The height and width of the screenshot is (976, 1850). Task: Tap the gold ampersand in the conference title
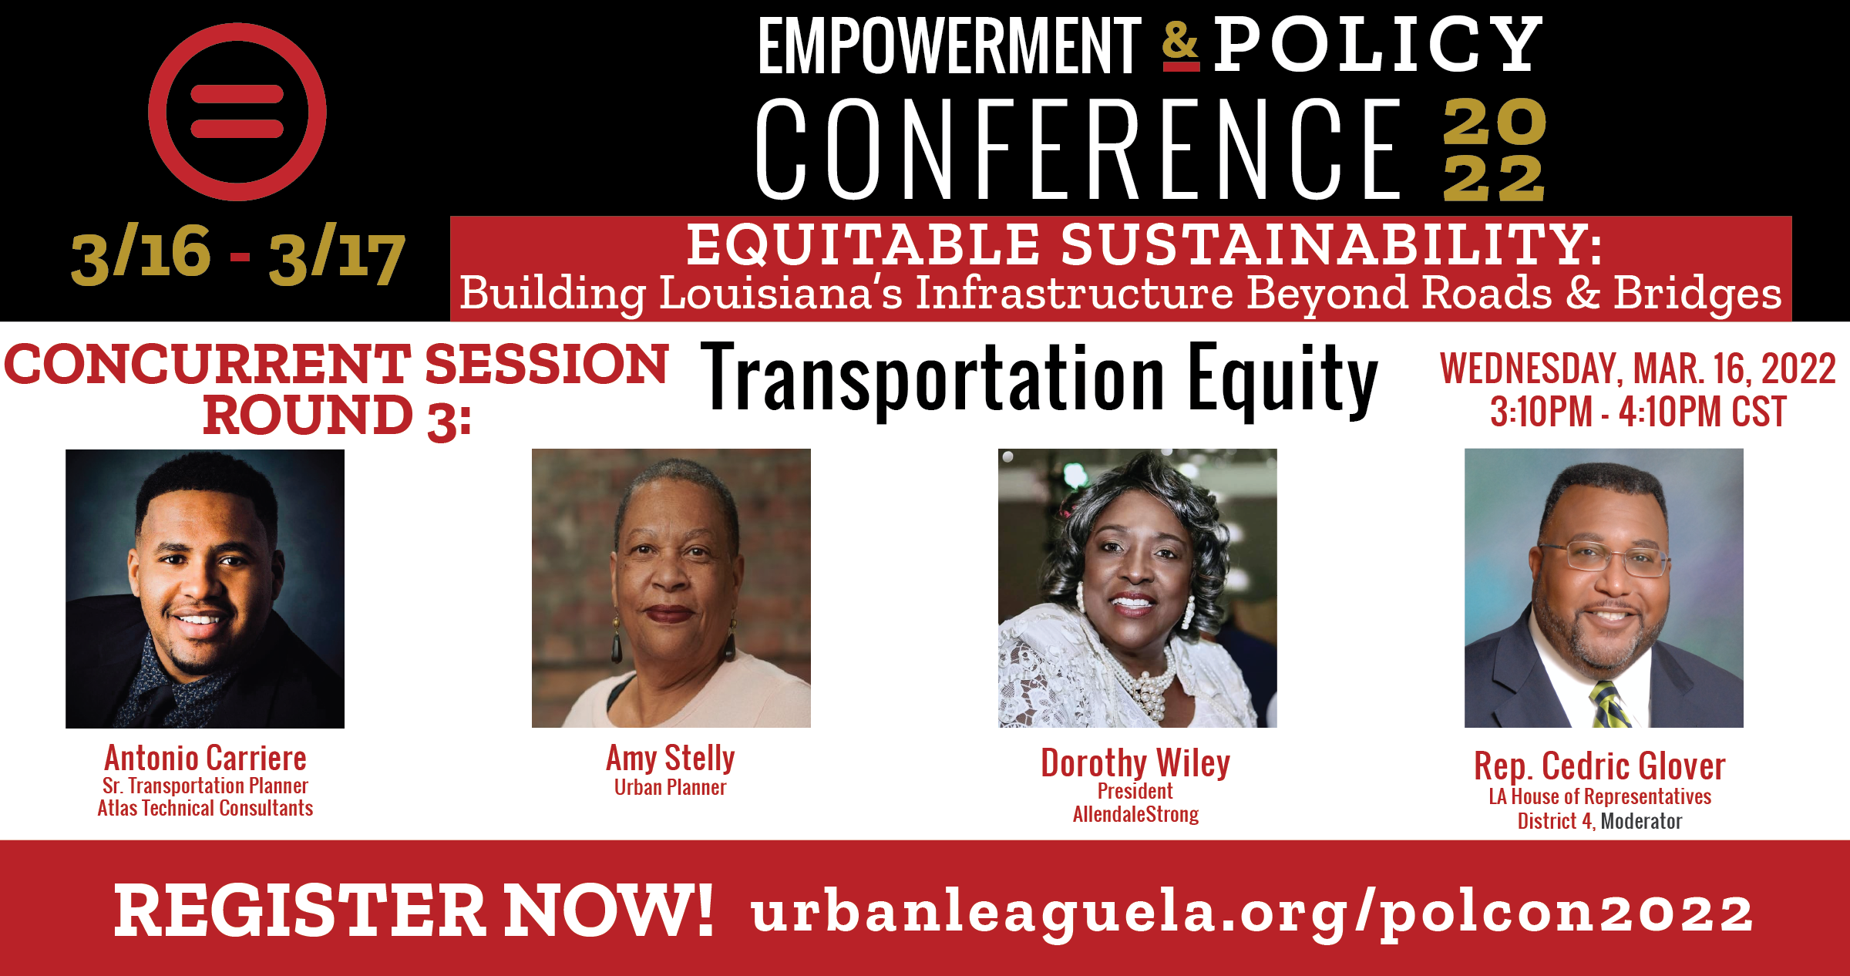coord(1181,45)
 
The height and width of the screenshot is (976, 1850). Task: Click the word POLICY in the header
coord(1378,45)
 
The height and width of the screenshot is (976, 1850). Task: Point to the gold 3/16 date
coord(141,254)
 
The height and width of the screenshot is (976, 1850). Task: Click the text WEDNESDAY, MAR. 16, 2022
coord(1637,369)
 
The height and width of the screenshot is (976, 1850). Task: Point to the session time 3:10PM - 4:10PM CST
coord(1638,412)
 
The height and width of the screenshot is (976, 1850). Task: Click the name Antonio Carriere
coord(206,758)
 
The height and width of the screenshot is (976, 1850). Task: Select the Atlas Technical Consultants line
coord(205,808)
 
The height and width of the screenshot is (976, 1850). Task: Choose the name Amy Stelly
coord(671,759)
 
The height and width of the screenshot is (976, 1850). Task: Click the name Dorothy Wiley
coord(1135,763)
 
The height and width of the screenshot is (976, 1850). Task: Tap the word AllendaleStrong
coord(1135,814)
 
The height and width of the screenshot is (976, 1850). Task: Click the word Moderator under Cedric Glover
coord(1641,821)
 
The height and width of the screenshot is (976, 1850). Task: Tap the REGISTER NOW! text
coord(414,911)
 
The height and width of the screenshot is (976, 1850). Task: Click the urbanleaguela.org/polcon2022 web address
coord(1253,914)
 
